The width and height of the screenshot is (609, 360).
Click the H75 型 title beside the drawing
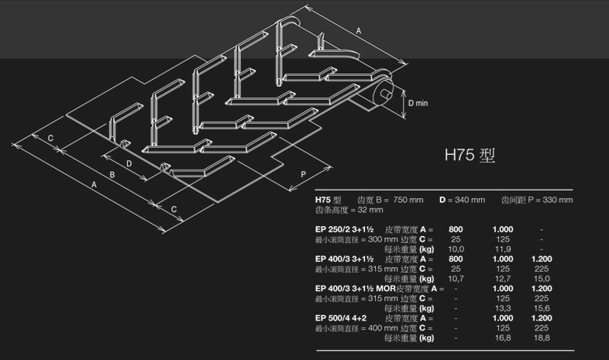pos(470,155)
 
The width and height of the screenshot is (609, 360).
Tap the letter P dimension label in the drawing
pos(303,175)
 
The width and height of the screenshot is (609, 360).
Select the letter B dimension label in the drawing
pos(112,177)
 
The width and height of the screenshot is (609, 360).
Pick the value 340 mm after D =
pos(470,200)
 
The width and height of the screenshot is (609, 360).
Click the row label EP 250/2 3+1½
pos(345,229)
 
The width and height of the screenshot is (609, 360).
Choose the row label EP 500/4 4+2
pos(341,318)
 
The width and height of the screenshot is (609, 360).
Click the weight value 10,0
pos(456,249)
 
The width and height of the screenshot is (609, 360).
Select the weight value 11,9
pos(503,249)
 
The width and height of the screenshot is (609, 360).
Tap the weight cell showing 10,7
pos(456,279)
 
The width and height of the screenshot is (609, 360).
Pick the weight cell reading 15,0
pos(542,279)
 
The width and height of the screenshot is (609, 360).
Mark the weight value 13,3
pos(503,308)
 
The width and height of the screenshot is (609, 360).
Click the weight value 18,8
pos(542,338)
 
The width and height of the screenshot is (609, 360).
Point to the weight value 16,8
pos(503,338)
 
